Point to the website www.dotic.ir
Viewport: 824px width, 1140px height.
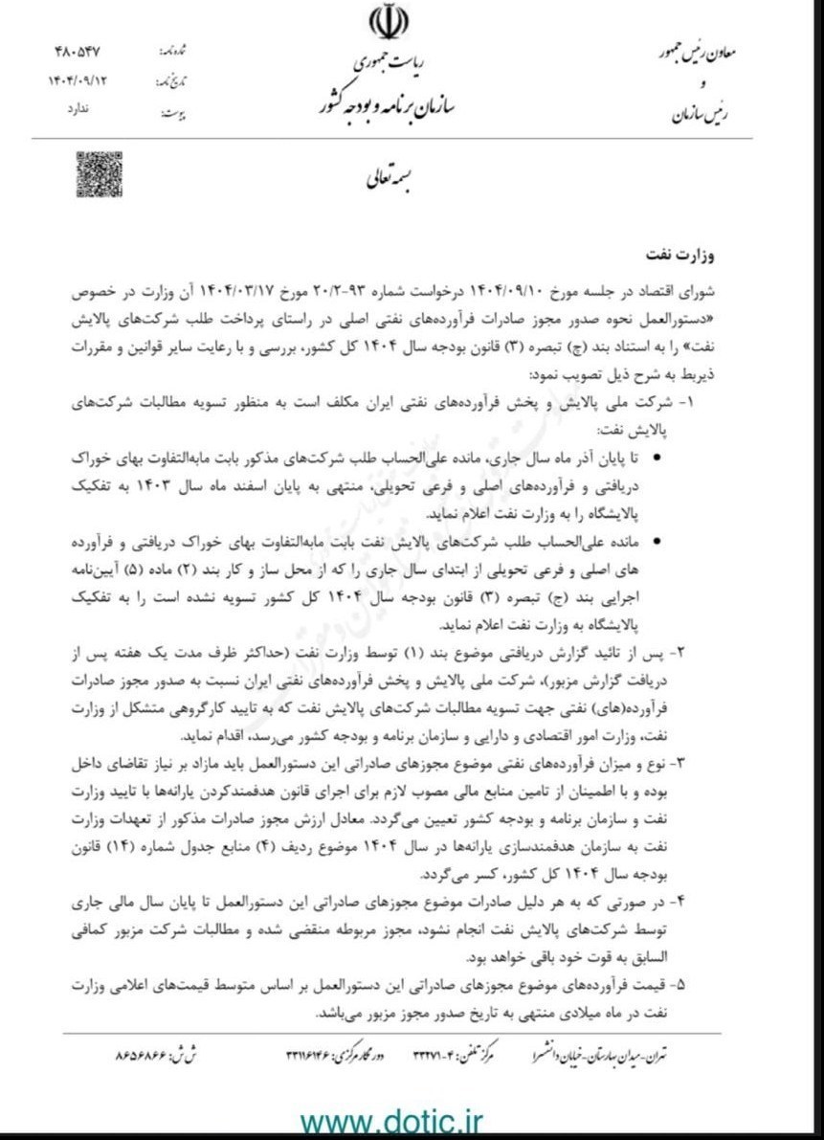(392, 1120)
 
